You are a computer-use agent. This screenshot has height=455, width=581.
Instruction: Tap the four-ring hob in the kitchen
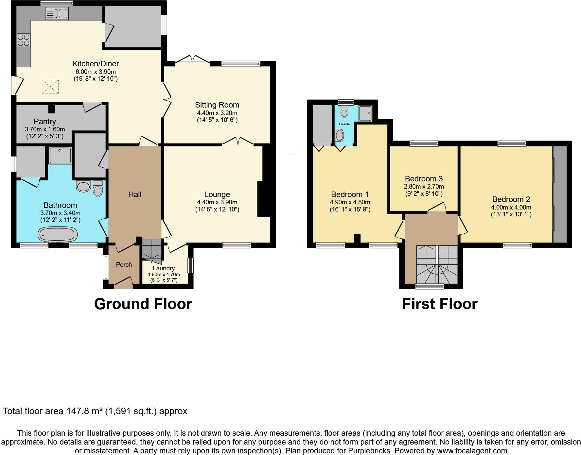tap(24, 40)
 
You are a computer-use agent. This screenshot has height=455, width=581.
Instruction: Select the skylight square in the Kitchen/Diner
tap(50, 87)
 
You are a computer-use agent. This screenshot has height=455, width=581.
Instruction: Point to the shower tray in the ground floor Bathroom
tap(60, 155)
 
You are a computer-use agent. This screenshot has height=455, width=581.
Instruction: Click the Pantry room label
tap(45, 122)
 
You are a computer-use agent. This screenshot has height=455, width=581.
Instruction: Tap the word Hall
tap(135, 194)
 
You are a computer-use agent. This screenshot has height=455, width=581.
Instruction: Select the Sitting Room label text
tap(217, 105)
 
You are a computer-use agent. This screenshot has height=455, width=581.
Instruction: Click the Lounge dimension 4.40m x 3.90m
tap(217, 202)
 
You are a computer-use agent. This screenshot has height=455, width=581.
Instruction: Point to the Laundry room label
tap(164, 268)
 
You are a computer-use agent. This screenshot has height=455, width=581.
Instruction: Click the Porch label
tap(124, 264)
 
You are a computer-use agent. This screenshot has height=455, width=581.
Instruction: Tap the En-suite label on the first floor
tap(344, 124)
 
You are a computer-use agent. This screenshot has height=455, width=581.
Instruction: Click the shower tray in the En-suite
tap(365, 113)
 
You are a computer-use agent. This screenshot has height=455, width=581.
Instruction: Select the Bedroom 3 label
tap(424, 179)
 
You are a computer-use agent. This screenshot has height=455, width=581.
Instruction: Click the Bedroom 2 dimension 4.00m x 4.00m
tap(511, 207)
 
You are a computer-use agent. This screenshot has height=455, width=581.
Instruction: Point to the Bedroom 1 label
tap(350, 194)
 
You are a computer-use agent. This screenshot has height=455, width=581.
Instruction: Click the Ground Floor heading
tap(143, 304)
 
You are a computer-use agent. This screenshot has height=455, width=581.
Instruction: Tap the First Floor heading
tap(439, 304)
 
